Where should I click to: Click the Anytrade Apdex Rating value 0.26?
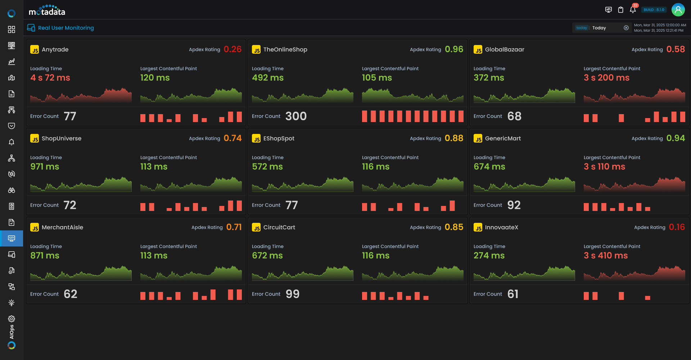point(232,49)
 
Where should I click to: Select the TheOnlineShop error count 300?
point(296,116)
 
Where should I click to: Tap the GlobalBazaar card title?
point(504,50)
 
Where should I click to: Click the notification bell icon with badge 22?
point(633,10)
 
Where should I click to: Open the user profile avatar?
point(678,10)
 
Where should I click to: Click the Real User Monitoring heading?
point(66,28)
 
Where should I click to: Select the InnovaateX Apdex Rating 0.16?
point(677,227)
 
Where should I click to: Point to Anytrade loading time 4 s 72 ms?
point(50,78)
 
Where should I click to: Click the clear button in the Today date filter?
point(626,28)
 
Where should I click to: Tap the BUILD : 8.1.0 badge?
point(654,10)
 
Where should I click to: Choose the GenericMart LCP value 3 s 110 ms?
point(604,167)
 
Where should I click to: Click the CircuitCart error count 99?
point(292,294)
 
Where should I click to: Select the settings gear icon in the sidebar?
point(12,319)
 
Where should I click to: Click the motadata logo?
point(47,10)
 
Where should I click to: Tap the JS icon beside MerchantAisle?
point(35,228)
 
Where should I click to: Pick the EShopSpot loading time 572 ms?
point(267,167)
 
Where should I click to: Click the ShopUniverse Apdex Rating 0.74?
point(232,138)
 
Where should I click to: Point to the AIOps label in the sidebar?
point(12,332)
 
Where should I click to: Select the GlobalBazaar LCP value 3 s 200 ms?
point(606,78)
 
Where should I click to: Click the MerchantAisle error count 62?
point(70,294)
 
